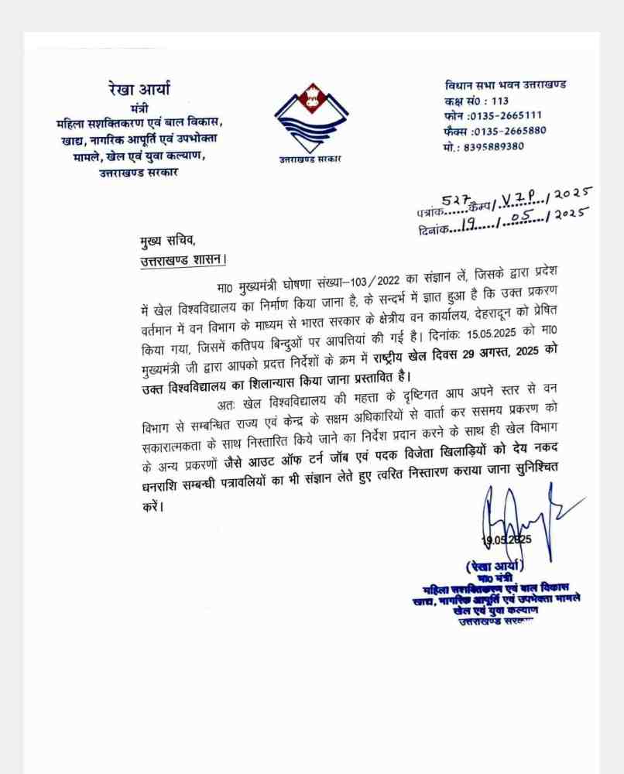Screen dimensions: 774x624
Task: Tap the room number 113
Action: [499, 101]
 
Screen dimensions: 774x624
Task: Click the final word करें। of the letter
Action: [154, 509]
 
